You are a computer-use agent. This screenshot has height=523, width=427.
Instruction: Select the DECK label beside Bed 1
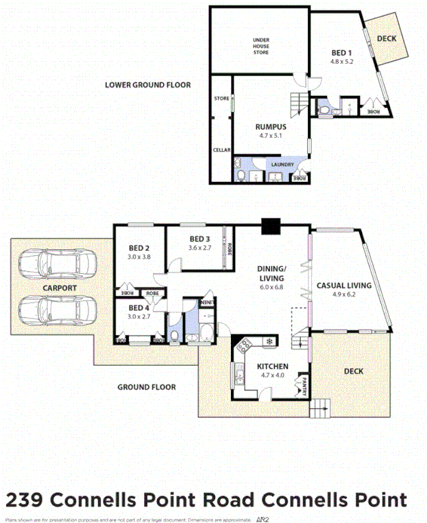(386, 38)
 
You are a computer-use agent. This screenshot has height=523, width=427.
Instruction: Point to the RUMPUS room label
(271, 128)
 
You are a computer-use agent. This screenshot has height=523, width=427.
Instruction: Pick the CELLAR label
(221, 150)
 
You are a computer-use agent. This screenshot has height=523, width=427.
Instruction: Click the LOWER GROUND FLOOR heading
(147, 85)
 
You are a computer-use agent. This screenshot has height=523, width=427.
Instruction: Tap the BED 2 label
(138, 248)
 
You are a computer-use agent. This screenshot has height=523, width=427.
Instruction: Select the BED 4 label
(138, 308)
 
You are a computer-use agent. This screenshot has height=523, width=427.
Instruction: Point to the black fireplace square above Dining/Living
(271, 226)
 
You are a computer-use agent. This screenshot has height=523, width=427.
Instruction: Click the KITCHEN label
(272, 367)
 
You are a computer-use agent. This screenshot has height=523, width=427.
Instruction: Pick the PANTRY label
(304, 386)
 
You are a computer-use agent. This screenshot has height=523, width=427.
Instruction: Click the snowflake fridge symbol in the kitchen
(270, 341)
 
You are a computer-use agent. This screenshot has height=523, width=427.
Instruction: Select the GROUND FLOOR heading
(146, 387)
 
